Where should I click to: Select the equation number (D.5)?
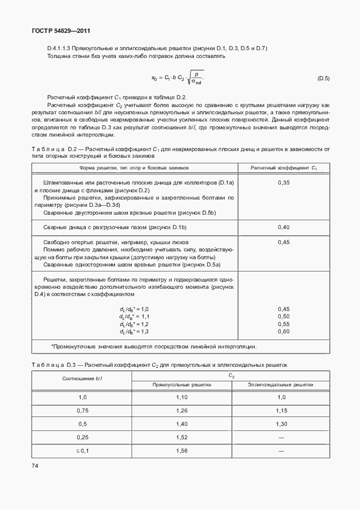pos(323,79)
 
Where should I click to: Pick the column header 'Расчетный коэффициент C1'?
pos(284,167)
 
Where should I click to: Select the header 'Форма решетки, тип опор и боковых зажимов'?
pos(136,167)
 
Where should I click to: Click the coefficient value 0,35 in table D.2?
pos(284,183)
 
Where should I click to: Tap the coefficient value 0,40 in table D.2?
pos(284,227)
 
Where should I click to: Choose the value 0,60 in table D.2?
pos(284,331)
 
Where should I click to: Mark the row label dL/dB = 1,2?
pos(134,324)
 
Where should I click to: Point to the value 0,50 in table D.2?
pos(284,316)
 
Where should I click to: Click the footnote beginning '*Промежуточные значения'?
pos(154,346)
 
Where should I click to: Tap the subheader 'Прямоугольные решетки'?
pos(182,385)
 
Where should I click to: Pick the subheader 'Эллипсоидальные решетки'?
pos(281,385)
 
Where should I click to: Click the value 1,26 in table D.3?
pos(182,410)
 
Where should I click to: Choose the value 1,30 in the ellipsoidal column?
pos(281,424)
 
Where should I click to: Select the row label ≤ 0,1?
pos(82,450)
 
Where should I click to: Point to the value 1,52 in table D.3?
pos(182,437)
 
